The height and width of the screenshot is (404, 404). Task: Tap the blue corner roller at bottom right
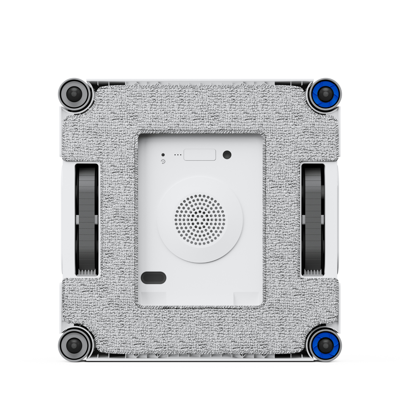point(324,345)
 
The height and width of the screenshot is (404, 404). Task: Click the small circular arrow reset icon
point(163,162)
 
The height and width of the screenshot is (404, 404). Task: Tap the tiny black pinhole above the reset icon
point(163,155)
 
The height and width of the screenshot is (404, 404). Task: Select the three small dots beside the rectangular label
point(178,155)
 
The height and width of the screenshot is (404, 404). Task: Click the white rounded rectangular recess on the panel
point(200,155)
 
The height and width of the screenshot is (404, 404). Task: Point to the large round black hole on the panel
point(227,154)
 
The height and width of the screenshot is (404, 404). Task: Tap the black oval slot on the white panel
point(153,278)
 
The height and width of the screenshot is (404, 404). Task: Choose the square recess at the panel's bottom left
point(153,298)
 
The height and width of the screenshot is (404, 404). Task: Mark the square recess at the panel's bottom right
point(246,298)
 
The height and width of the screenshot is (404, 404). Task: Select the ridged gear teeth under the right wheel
point(312,272)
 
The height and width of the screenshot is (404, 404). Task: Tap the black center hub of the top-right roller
point(325,94)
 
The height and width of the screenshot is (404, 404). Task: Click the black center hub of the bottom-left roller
point(74,345)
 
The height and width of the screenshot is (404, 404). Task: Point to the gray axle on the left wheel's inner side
point(96,219)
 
